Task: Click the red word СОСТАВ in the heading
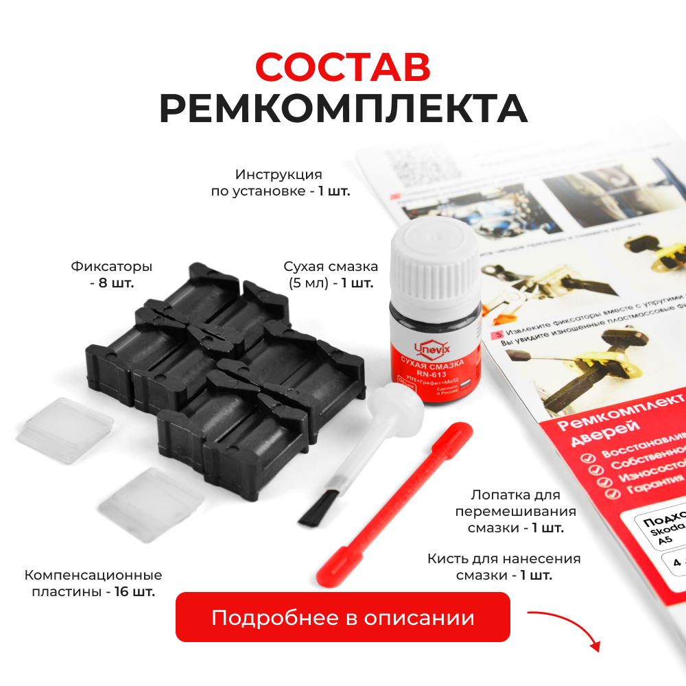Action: [342, 67]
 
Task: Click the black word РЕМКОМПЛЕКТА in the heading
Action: [343, 108]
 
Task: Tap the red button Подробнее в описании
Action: [343, 617]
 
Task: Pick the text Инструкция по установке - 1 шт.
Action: [280, 182]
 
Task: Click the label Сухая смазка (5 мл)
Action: [331, 274]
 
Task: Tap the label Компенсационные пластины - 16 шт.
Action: [93, 582]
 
